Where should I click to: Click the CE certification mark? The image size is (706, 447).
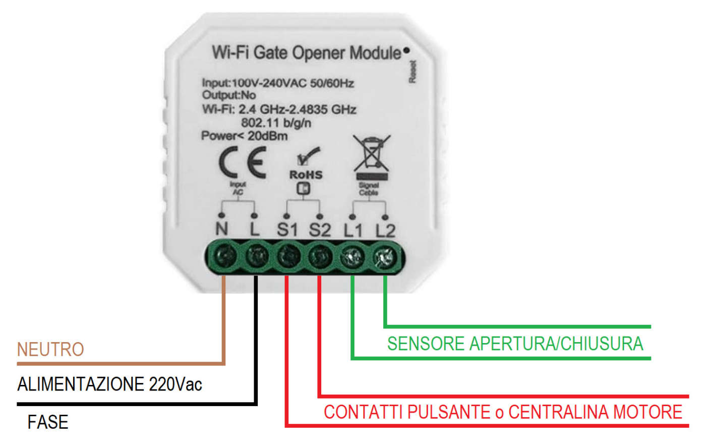(x=243, y=162)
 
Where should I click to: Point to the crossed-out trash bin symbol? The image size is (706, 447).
(x=372, y=153)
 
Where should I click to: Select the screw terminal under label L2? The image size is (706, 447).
(x=385, y=258)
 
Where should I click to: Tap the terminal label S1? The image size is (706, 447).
(x=287, y=230)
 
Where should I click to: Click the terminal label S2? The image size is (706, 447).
(x=320, y=230)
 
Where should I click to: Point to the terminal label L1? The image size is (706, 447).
(x=353, y=231)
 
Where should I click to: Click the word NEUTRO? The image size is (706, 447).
(x=50, y=349)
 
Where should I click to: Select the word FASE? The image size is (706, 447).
(x=48, y=422)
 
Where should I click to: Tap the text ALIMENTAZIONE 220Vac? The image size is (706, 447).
(x=109, y=384)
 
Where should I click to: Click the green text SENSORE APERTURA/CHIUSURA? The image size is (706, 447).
(x=515, y=344)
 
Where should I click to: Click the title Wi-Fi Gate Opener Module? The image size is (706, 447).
(x=306, y=52)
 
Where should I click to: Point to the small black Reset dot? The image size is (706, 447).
(x=406, y=50)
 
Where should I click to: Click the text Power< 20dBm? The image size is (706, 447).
(x=244, y=136)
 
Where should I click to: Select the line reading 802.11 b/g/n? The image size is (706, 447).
(x=276, y=123)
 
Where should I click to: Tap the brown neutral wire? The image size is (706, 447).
(x=223, y=323)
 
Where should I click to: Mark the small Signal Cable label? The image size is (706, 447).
(x=369, y=189)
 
